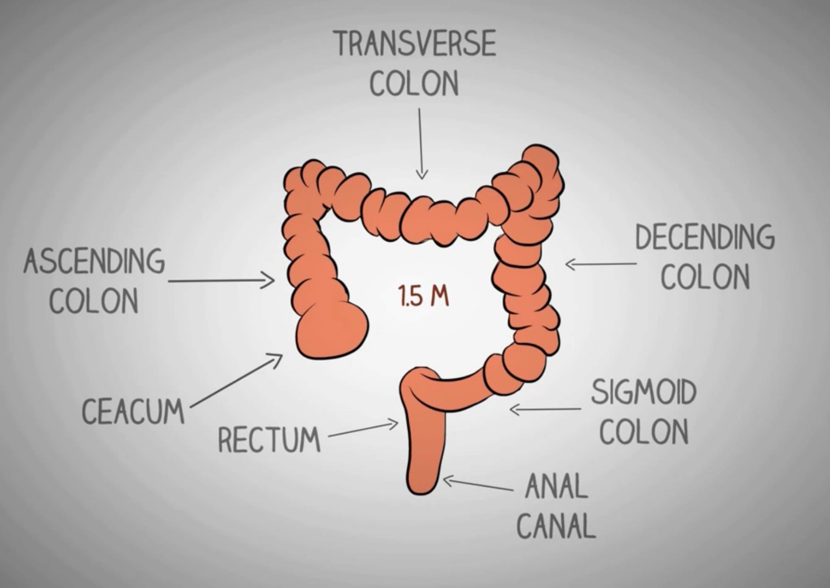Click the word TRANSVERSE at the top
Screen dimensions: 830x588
coord(415,44)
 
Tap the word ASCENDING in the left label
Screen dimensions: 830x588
coord(95,261)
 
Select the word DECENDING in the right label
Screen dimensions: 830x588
coord(705,238)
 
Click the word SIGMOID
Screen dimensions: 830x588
coord(643,392)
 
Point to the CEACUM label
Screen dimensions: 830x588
coord(133,411)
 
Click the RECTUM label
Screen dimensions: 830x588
coord(269,439)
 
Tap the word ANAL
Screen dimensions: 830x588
coord(556,486)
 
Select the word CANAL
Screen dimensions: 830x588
coord(556,526)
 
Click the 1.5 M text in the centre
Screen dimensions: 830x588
coord(423,296)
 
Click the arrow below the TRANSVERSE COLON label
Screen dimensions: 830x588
coord(421,144)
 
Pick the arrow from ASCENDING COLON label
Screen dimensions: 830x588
coord(221,281)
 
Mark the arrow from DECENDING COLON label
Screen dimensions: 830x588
coord(600,264)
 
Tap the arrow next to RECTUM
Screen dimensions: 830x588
coord(363,429)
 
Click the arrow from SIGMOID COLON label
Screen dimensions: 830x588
coord(545,409)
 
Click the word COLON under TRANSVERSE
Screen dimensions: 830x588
coord(414,83)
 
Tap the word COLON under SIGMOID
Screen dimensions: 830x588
coord(644,431)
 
